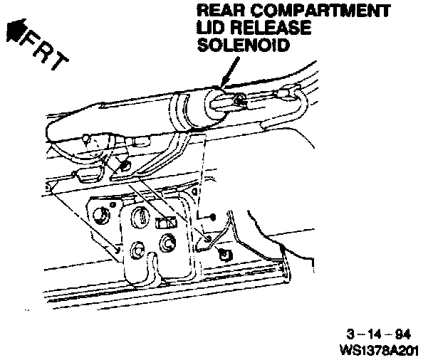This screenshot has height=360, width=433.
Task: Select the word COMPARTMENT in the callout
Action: coord(317,12)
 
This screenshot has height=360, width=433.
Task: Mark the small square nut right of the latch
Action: coord(225,254)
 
